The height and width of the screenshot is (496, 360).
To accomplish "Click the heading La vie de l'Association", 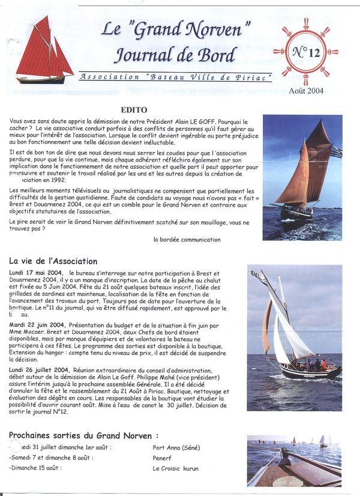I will (x=53, y=261).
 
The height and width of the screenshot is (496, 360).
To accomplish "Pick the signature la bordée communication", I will (x=187, y=239).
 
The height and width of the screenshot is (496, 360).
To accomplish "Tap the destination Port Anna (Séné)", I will (x=176, y=447).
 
